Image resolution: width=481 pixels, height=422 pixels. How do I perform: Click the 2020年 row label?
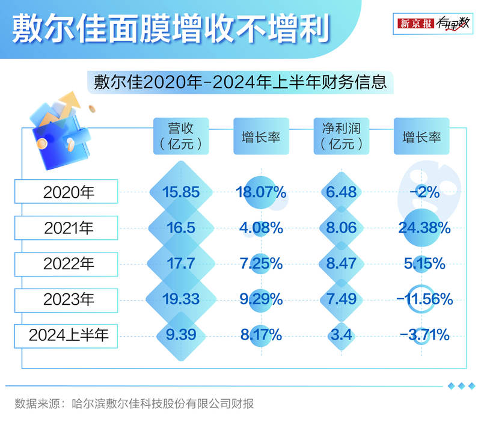pos(66,192)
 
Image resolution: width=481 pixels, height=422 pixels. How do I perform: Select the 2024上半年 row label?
pos(66,335)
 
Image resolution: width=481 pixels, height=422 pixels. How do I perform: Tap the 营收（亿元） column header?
pos(181,136)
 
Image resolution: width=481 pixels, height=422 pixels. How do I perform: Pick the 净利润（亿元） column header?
pos(341,136)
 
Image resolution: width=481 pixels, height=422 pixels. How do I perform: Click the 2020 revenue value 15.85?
pos(181,192)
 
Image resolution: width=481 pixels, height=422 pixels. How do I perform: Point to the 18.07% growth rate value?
pos(261,192)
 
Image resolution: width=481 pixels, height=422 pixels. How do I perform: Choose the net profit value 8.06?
pos(341,228)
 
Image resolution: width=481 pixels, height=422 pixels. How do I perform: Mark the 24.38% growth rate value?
pos(424,228)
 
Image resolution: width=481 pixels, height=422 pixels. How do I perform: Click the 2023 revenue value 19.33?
pos(181,299)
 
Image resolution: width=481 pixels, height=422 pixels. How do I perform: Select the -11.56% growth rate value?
pos(424,299)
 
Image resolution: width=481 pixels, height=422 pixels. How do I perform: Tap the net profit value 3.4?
pos(341,334)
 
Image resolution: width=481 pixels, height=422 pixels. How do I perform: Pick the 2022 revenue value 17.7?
pos(181,263)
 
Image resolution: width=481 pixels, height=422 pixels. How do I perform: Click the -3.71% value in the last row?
pos(424,334)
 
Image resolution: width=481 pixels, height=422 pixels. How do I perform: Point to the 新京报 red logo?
pos(415,23)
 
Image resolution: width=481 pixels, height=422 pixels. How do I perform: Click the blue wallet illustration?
pos(61,139)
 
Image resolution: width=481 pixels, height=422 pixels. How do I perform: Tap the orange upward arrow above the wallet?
pos(68,106)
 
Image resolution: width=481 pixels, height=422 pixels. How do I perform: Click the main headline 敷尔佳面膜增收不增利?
pos(171,28)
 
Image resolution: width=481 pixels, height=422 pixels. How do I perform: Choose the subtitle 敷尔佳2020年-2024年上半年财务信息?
pos(240,82)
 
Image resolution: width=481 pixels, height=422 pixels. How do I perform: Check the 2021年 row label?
pos(66,228)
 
